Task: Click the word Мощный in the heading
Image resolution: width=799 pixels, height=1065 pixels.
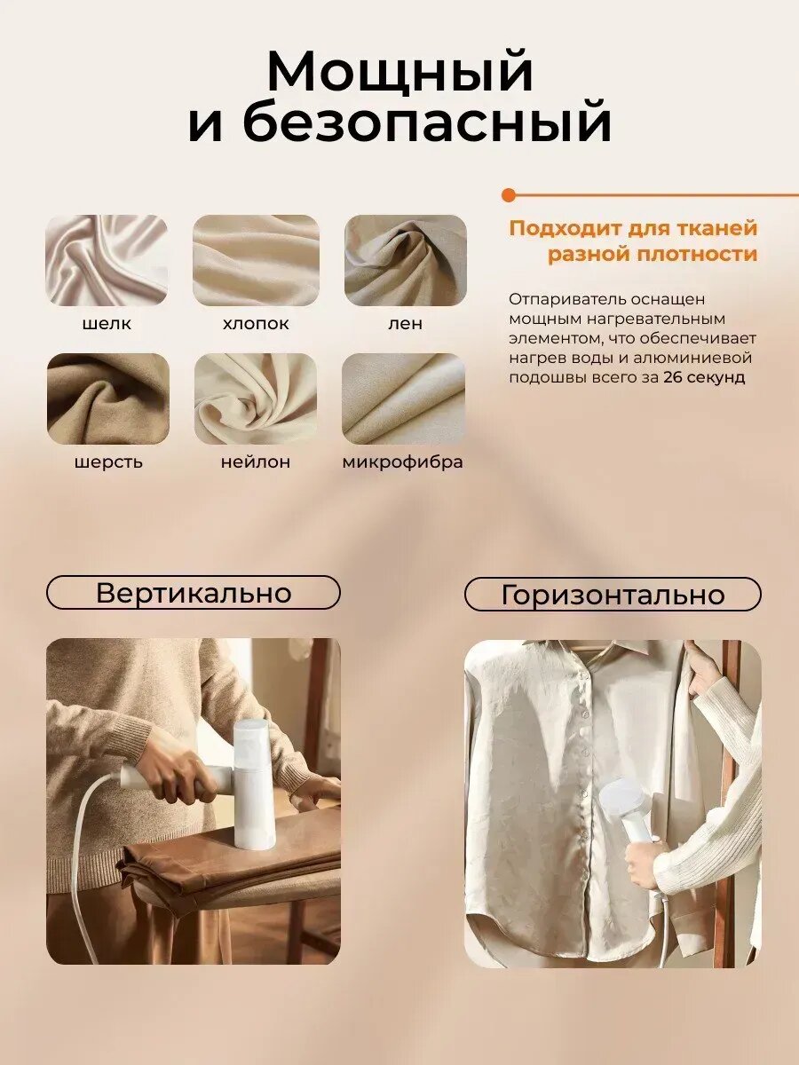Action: coord(399,73)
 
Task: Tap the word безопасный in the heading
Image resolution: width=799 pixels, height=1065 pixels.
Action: coord(426,124)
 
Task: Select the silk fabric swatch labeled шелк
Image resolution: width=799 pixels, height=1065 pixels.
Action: coord(107,260)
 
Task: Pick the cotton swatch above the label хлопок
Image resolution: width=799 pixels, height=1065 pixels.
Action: coord(256,260)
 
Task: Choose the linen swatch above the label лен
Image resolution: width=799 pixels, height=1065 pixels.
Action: coord(405,260)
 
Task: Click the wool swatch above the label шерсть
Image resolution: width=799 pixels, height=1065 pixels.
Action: coord(107,398)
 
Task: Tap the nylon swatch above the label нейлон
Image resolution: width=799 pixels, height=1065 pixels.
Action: coord(256,398)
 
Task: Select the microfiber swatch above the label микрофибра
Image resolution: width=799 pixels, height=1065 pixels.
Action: coord(403,398)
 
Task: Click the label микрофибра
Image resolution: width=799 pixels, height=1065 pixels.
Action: coord(402,462)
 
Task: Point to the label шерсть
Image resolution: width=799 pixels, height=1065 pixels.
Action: coord(107,462)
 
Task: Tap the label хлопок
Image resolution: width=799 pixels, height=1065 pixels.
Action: coord(256,324)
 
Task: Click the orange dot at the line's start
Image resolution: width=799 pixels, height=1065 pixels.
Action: coord(508,194)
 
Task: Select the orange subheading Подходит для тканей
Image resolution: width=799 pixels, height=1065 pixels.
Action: coord(633,228)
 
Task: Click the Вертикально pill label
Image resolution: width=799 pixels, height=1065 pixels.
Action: coord(194,592)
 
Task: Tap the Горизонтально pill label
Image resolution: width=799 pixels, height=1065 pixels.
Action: coord(613,595)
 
